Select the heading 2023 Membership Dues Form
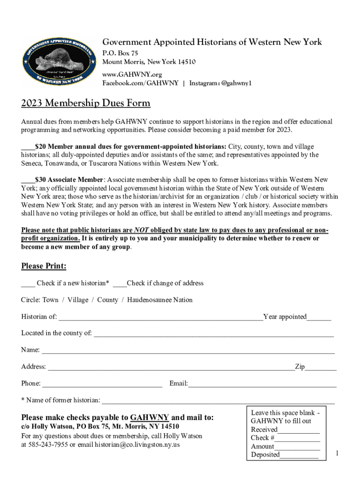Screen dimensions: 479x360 coord(86,103)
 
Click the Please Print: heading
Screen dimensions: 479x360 coord(43,266)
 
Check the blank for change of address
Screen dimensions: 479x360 coord(120,283)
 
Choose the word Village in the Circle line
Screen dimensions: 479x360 coord(78,300)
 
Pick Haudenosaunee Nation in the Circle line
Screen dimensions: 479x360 coord(160,300)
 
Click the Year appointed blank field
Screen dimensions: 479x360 coord(319,318)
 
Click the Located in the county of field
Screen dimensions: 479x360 coord(214,334)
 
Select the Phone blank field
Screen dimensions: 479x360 coord(101,384)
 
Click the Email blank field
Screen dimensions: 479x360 coord(262,384)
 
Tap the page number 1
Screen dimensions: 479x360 coord(338,453)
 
